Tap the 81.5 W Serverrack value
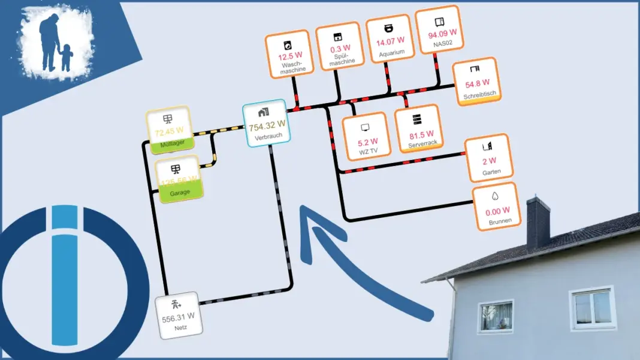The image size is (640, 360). pos(421,134)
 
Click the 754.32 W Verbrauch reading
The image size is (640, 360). pos(267,125)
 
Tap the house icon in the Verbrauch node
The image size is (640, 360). pos(264,112)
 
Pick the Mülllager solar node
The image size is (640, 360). pos(168,127)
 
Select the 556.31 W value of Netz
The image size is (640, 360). pos(178,316)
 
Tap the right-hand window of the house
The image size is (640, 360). pos(591,308)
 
